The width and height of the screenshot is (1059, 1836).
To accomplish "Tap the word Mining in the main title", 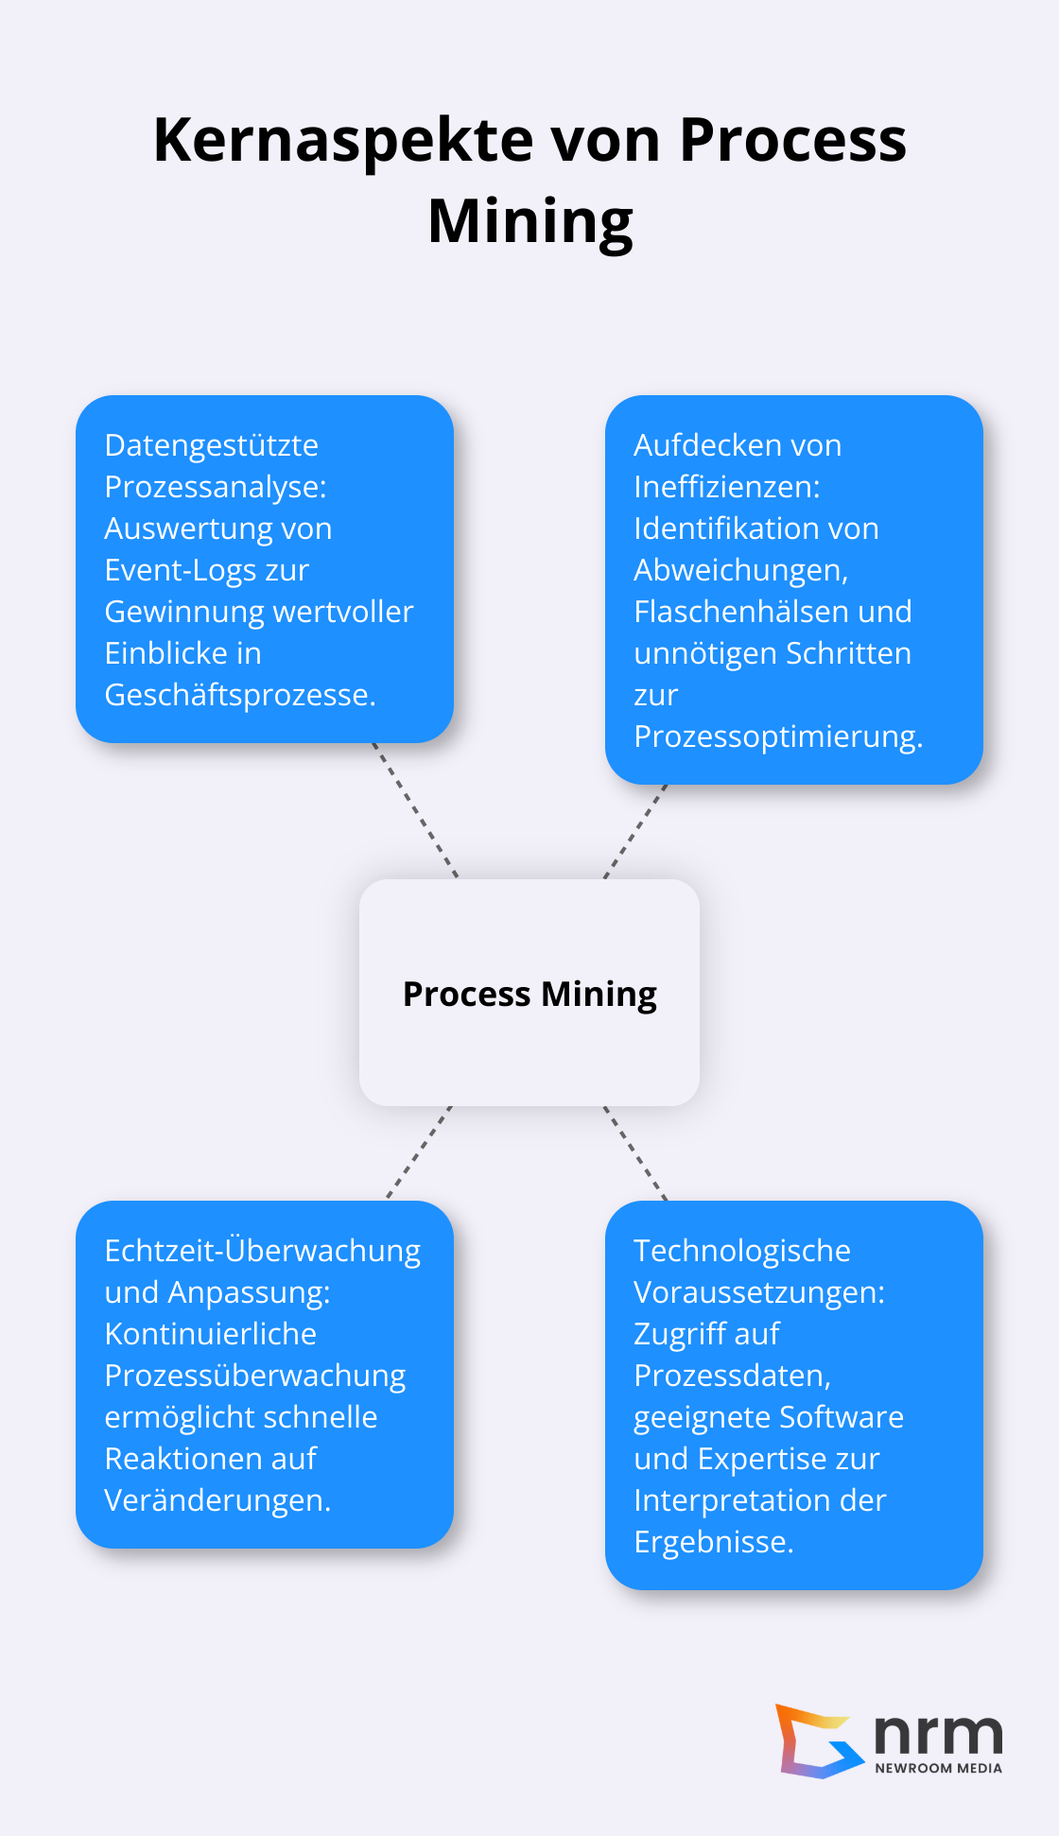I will coord(529,222).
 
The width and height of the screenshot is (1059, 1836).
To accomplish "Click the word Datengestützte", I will coord(211,445).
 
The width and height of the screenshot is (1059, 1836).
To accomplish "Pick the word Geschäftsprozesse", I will coord(239,695).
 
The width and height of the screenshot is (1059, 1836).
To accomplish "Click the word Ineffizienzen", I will coord(726,487).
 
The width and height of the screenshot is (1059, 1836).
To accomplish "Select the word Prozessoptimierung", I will coord(777,736).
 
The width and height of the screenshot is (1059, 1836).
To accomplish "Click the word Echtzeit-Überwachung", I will coord(262,1251).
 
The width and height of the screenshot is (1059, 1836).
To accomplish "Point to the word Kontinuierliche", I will coord(210,1334).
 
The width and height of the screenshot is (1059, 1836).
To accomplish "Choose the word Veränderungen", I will coord(217,1500).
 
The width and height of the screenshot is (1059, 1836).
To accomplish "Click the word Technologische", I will coord(741,1251).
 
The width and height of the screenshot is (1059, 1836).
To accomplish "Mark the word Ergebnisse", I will coord(713,1542).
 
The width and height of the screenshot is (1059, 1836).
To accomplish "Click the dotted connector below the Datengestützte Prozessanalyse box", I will coord(415,810).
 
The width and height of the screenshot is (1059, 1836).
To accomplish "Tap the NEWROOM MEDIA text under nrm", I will coord(938,1768).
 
